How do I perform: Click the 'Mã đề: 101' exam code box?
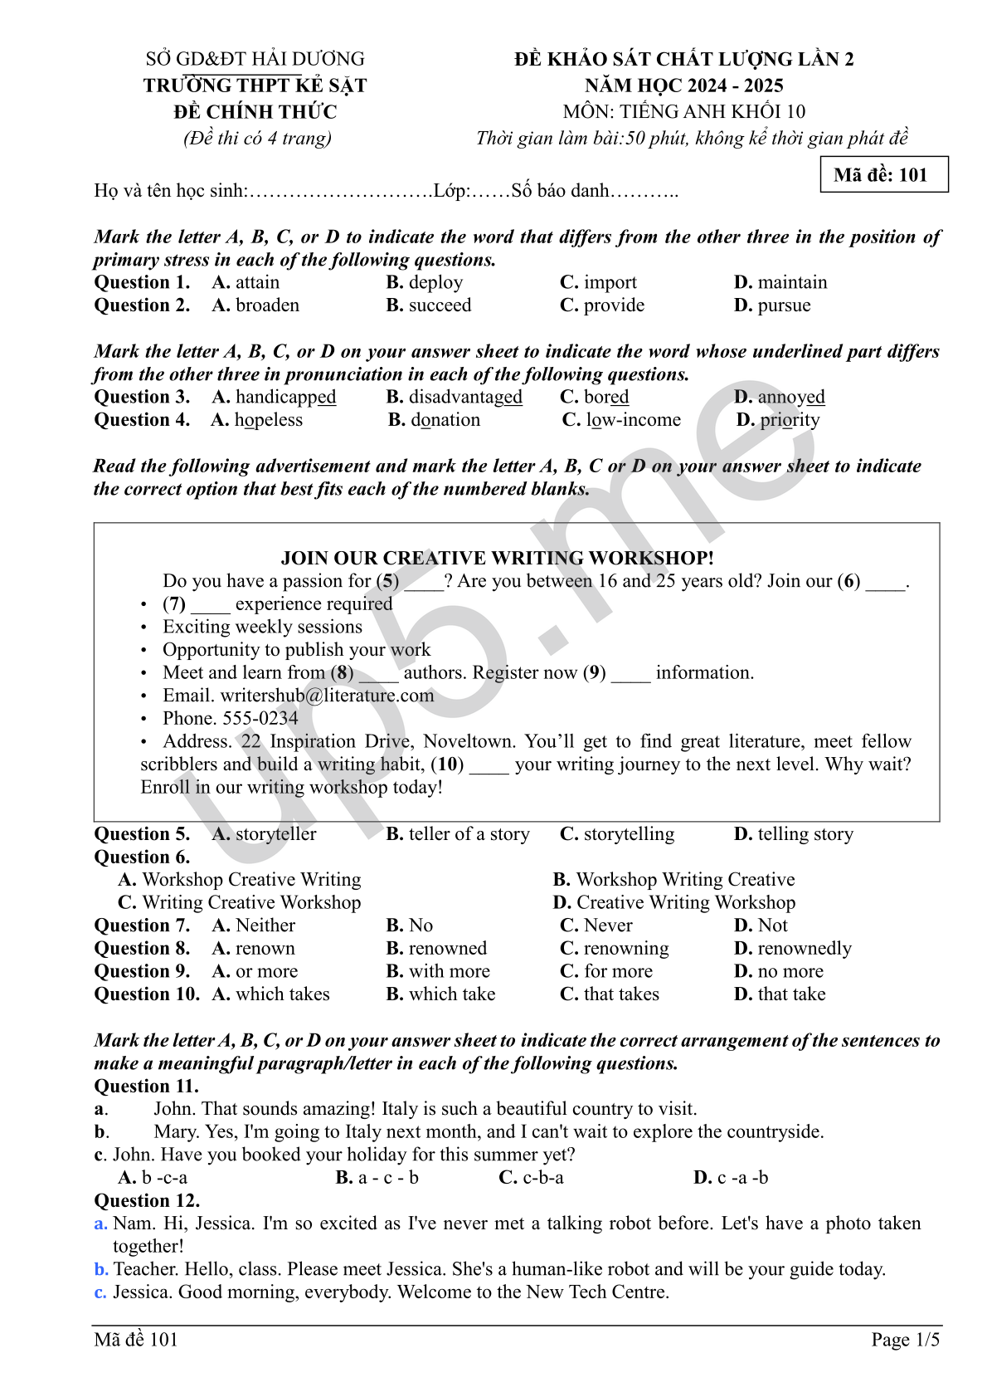tap(883, 174)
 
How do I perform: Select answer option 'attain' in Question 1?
tap(257, 282)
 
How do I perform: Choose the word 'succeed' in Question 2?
tap(440, 305)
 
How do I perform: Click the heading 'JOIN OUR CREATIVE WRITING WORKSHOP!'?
tap(497, 558)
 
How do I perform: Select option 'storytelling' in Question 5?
tap(629, 834)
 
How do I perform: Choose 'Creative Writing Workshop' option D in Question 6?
tap(685, 902)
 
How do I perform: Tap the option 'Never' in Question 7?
tap(608, 926)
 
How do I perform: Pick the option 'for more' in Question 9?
tap(618, 971)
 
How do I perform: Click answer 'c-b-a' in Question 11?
tap(542, 1178)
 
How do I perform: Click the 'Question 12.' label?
tap(147, 1200)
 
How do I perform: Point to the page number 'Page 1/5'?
tap(905, 1339)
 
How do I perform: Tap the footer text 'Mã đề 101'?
tap(136, 1339)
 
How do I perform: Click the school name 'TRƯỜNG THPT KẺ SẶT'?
tap(255, 85)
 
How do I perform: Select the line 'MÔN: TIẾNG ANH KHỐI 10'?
tap(683, 112)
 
